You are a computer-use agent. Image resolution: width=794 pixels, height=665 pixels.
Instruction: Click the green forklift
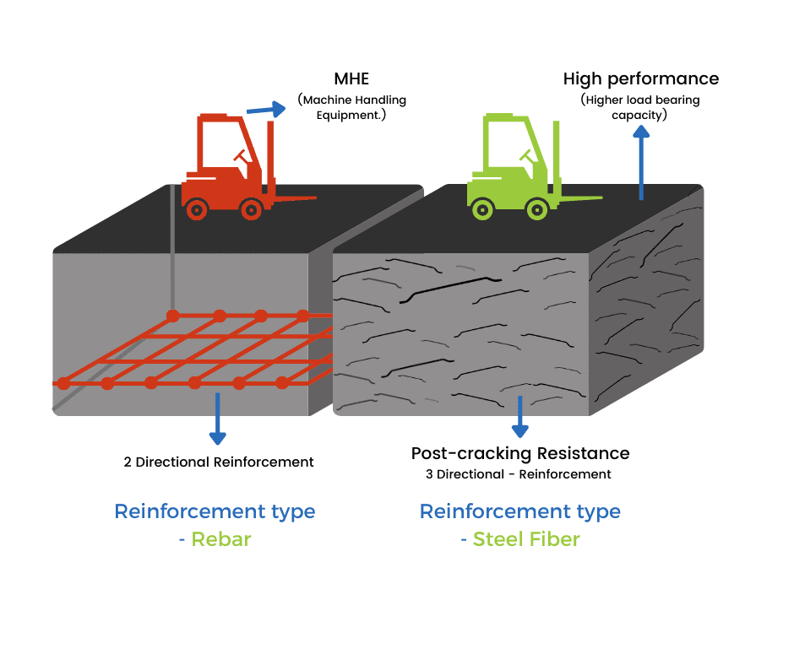[512, 169]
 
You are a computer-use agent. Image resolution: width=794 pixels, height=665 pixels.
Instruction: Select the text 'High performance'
[640, 78]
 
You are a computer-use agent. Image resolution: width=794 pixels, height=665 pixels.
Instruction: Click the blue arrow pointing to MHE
[266, 107]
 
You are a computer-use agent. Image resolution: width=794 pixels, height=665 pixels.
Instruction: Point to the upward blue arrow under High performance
[641, 160]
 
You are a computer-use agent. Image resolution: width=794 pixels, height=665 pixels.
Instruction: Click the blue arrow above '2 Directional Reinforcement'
[217, 426]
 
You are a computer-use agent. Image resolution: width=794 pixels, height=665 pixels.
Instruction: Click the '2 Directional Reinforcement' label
[218, 462]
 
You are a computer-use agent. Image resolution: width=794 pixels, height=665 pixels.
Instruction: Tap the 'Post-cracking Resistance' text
[519, 453]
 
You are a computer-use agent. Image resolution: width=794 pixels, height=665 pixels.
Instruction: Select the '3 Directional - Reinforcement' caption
[518, 474]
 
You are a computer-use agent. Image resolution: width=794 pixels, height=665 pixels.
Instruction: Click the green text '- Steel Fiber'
[519, 539]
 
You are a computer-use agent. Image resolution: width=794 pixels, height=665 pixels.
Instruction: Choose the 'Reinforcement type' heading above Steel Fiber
[519, 511]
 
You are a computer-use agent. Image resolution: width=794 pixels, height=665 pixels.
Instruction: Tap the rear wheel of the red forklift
[197, 208]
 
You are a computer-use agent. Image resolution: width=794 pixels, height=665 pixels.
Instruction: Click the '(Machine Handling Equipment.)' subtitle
[351, 106]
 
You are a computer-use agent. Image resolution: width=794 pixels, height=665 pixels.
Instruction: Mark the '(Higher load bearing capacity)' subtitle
[639, 107]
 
